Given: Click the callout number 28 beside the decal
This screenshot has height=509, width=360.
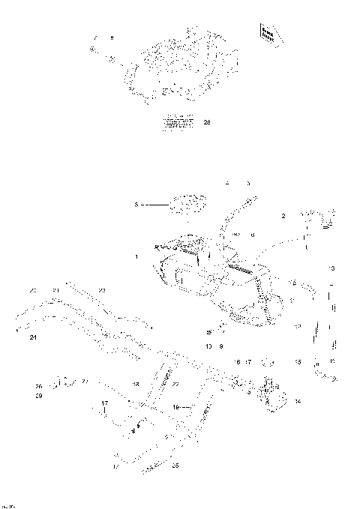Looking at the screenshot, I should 207,121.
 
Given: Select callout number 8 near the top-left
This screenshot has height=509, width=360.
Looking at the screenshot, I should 111,37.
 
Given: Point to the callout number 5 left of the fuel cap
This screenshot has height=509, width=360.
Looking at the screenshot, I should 136,202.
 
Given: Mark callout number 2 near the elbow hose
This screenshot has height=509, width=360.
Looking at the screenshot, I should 283,217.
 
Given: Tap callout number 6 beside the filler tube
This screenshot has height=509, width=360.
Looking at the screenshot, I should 253,235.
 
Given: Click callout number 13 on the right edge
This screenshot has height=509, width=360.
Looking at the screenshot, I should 331,268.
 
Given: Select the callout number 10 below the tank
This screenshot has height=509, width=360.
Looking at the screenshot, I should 208,346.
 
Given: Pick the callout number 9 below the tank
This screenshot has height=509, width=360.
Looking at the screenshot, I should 221,346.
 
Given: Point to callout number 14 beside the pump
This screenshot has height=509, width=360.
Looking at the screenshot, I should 298,402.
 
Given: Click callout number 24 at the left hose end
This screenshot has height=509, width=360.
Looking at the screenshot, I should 33,337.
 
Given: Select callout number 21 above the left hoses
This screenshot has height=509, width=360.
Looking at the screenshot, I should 55,290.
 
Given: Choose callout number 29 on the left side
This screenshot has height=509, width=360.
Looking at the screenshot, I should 38,395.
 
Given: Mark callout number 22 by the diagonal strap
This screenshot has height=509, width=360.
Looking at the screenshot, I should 175,384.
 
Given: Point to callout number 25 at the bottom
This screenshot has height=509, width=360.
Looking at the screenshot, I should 175,466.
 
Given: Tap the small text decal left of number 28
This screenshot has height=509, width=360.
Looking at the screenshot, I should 178,122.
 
